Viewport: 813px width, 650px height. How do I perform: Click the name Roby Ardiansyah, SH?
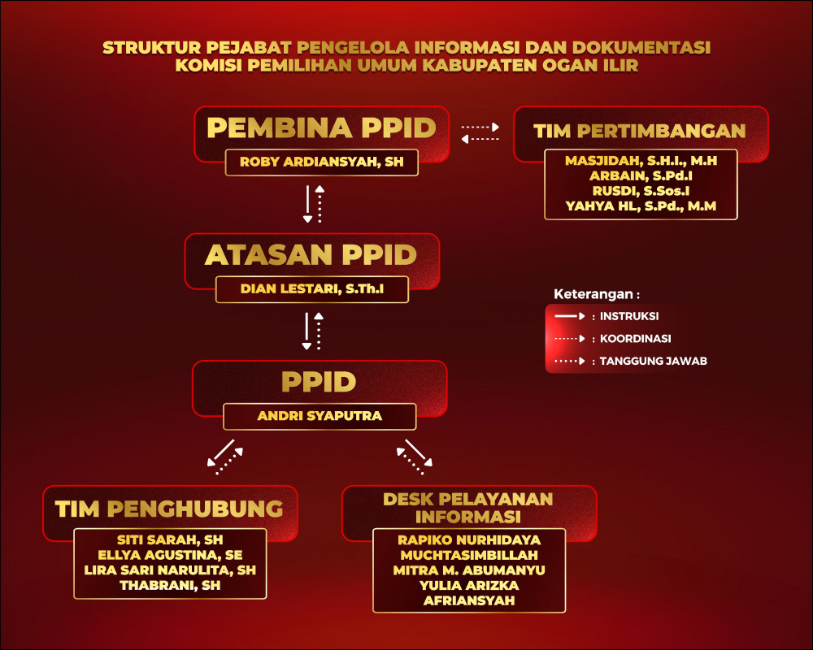[x=321, y=162]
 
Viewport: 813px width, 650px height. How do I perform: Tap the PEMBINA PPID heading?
[x=321, y=128]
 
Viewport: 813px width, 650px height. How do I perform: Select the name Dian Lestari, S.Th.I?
[x=312, y=288]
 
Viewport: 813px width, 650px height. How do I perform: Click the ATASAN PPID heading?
[x=311, y=254]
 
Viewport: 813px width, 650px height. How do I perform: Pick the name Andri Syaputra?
[x=320, y=416]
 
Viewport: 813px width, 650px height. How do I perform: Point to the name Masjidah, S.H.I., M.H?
[x=641, y=161]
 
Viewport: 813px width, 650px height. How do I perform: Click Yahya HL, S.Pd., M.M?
[x=641, y=206]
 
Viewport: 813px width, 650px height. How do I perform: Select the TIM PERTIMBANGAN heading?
[x=640, y=131]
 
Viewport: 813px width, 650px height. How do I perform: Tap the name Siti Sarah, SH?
[x=170, y=539]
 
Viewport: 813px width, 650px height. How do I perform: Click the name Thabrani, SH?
[x=170, y=585]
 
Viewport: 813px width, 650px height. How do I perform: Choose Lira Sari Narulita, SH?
[x=170, y=570]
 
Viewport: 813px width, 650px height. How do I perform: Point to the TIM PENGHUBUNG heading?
[x=169, y=509]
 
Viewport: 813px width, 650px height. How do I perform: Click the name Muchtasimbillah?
[x=469, y=555]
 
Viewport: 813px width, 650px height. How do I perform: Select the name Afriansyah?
[x=469, y=600]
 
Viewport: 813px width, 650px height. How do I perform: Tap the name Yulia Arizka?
[x=469, y=586]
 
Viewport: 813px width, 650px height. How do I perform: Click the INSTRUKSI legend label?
[x=629, y=316]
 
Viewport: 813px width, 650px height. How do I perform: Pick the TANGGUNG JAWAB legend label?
[x=654, y=361]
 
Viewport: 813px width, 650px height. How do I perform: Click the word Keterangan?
[x=593, y=294]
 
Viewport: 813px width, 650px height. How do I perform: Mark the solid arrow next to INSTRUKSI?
[x=570, y=316]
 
